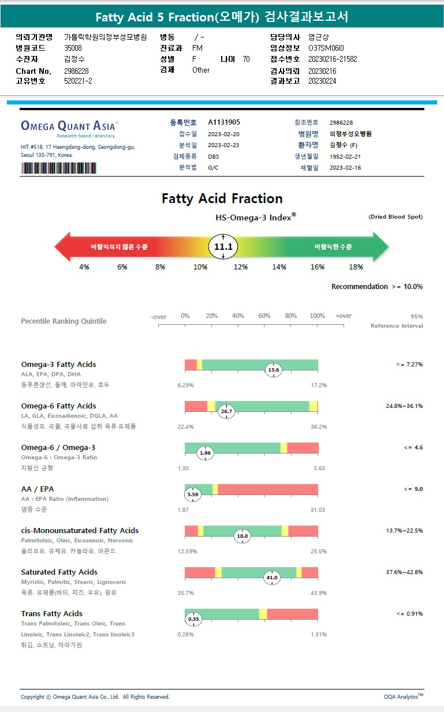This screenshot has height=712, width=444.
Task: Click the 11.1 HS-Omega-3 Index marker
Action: [x=223, y=247]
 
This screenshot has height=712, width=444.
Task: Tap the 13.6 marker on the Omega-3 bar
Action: [x=273, y=370]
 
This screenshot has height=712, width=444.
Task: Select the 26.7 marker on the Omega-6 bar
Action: [x=226, y=411]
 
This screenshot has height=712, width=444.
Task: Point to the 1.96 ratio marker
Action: [x=205, y=453]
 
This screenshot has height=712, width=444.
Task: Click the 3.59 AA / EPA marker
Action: [x=193, y=494]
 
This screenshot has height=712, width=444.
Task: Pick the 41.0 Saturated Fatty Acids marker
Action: [x=271, y=578]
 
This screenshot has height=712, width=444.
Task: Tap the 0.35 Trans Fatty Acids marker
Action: [x=193, y=619]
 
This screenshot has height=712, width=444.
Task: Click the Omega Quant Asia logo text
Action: [x=69, y=125]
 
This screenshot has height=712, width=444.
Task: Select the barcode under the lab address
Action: [x=59, y=168]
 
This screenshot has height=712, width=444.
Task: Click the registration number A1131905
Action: [x=223, y=122]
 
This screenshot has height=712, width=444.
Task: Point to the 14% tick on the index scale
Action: [x=279, y=267]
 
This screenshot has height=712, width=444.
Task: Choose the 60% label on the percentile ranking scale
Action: [x=264, y=316]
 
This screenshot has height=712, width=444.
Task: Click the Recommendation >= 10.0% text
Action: [x=376, y=287]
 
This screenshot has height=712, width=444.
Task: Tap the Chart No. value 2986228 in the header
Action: [x=76, y=71]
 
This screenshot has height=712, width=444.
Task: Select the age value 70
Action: [x=246, y=59]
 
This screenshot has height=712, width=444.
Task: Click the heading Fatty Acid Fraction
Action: [x=222, y=199]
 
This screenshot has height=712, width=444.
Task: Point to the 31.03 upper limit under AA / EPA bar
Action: [x=318, y=509]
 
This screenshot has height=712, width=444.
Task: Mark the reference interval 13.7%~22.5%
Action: [x=404, y=530]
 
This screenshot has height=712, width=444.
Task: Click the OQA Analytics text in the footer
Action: [x=403, y=696]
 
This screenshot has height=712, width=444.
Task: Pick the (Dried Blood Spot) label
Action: [x=396, y=217]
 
